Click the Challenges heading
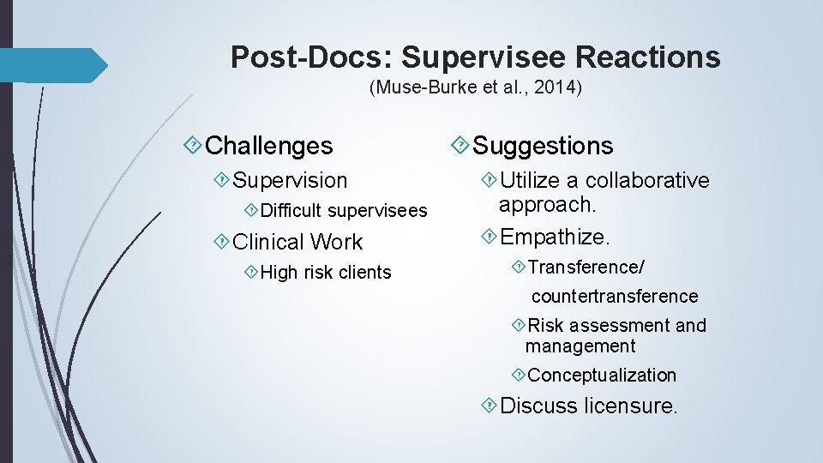[269, 146]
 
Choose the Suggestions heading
[543, 146]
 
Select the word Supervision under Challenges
[290, 180]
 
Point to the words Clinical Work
[297, 242]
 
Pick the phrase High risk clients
[325, 273]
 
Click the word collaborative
[647, 181]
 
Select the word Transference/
[586, 268]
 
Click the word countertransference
[615, 297]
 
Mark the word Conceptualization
[602, 376]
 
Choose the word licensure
[630, 406]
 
